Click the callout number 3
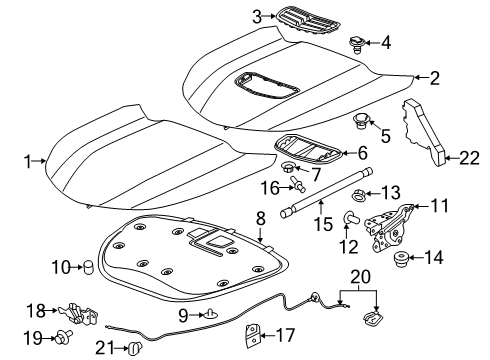257,17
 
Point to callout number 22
468,156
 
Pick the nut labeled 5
359,122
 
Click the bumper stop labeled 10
86,266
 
